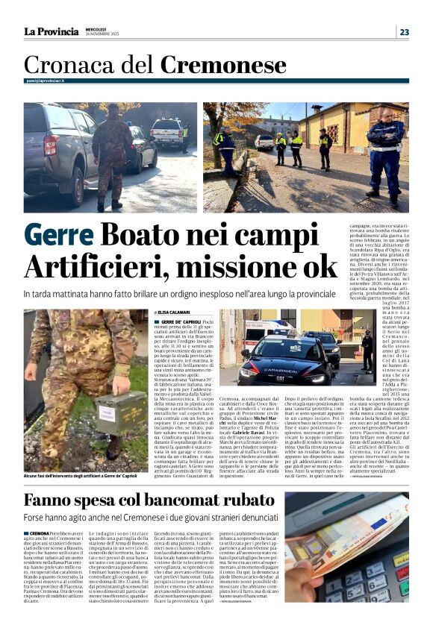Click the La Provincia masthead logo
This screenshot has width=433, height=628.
(51, 31)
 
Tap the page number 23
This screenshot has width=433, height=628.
(403, 31)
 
